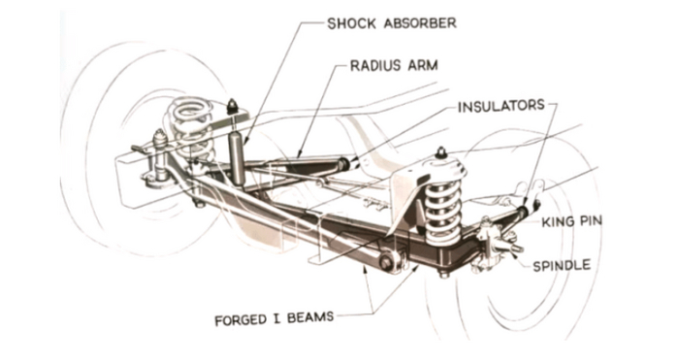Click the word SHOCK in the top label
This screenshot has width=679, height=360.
[345, 23]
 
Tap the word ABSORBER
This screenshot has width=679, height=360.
[420, 23]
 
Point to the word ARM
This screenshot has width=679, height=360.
[423, 65]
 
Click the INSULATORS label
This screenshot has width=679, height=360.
[501, 106]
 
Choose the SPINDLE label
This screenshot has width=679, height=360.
[562, 265]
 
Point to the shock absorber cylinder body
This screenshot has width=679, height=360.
[238, 158]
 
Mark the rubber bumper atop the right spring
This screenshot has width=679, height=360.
[441, 153]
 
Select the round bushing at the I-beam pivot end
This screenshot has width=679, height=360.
[386, 261]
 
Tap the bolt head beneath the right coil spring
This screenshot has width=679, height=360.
[443, 274]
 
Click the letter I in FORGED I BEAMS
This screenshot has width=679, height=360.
[276, 319]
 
